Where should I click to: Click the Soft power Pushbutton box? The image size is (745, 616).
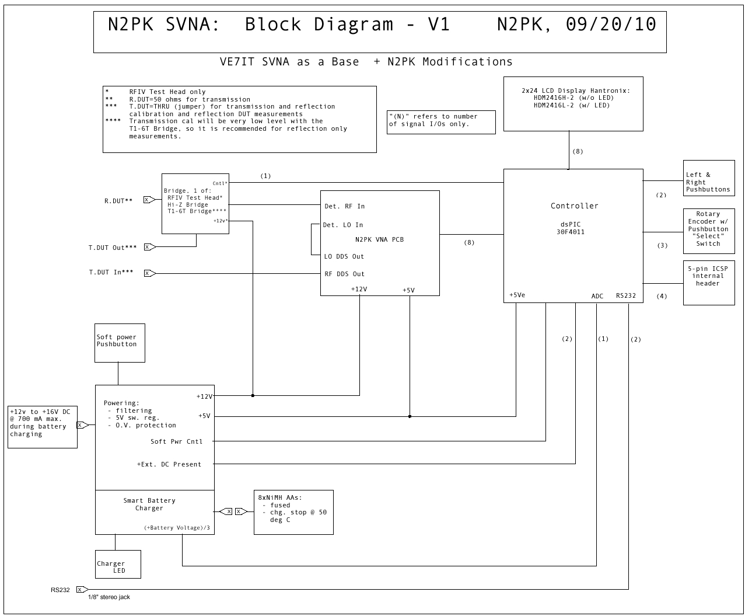(x=120, y=343)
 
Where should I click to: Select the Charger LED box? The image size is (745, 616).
(x=118, y=564)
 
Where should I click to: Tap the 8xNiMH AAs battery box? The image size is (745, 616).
(x=293, y=512)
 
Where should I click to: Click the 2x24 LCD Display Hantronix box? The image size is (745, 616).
(x=573, y=103)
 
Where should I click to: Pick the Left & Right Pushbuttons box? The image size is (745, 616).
(x=708, y=178)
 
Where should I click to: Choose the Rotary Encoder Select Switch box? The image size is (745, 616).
(x=708, y=231)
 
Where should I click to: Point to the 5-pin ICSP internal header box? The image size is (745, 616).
(x=708, y=283)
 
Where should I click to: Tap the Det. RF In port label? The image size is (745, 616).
(x=344, y=206)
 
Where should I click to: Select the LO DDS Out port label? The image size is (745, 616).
(x=344, y=256)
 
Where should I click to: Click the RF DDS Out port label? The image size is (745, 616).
(x=344, y=274)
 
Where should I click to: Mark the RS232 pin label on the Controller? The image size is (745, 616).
(x=626, y=295)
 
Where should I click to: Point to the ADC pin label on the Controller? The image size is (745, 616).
(x=597, y=296)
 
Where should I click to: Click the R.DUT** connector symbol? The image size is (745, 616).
(x=149, y=200)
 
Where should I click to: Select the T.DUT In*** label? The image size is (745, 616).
(x=111, y=273)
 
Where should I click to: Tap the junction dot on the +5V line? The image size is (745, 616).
(x=410, y=416)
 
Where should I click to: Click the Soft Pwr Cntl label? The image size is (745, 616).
(x=176, y=441)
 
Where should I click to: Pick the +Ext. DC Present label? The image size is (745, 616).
(x=169, y=464)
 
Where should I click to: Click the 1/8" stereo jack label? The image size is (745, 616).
(x=109, y=597)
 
